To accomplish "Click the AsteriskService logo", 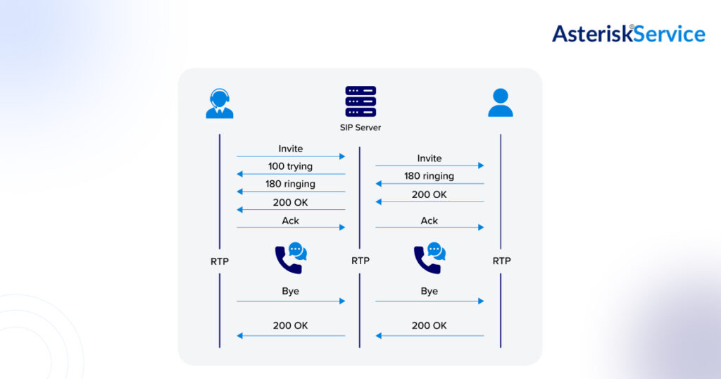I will pyautogui.click(x=628, y=33).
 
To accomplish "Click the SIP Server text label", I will pyautogui.click(x=360, y=128).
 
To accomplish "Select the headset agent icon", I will pyautogui.click(x=220, y=103).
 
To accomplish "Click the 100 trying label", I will pyautogui.click(x=290, y=166).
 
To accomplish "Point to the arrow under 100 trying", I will pyautogui.click(x=291, y=174).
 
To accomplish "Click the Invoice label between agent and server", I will pyautogui.click(x=290, y=149).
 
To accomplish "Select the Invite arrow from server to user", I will pyautogui.click(x=430, y=166).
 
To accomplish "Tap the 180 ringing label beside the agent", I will pyautogui.click(x=290, y=184).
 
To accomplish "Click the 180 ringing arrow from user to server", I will pyautogui.click(x=430, y=184).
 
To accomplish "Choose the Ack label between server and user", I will pyautogui.click(x=430, y=220).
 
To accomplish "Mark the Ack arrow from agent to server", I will pyautogui.click(x=291, y=228).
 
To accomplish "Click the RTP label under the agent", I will pyautogui.click(x=220, y=261).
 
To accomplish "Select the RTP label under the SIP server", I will pyautogui.click(x=360, y=261).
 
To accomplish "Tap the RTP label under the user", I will pyautogui.click(x=501, y=261).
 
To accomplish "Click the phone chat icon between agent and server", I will pyautogui.click(x=291, y=258).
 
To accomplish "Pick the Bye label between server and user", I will pyautogui.click(x=430, y=291).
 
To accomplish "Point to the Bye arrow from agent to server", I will pyautogui.click(x=291, y=301).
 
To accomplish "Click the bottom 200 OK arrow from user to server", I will pyautogui.click(x=430, y=335).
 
